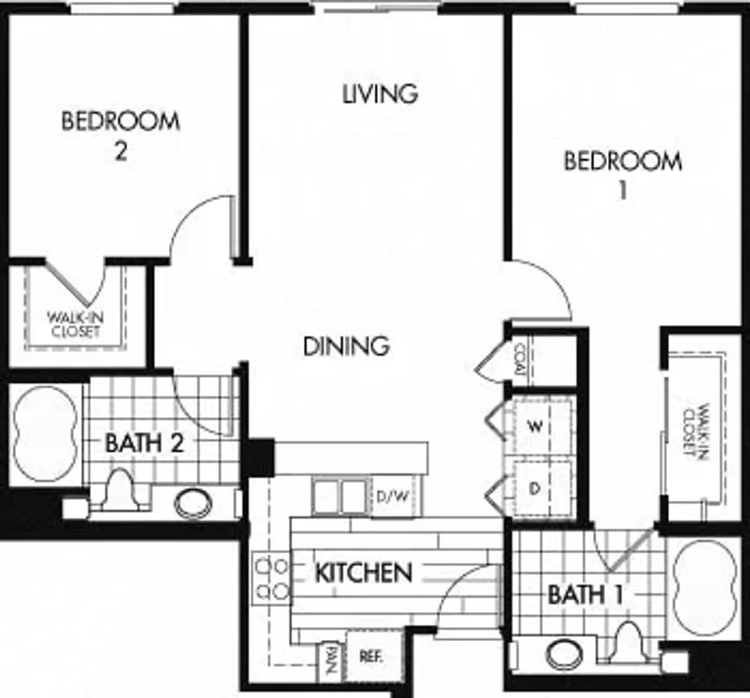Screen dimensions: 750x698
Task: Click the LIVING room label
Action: click(x=380, y=94)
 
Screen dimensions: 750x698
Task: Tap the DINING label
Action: click(x=347, y=346)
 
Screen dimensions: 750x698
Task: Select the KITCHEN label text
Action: click(x=363, y=573)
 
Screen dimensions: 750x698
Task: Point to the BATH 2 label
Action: click(x=144, y=443)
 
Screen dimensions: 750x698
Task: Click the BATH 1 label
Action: click(x=585, y=595)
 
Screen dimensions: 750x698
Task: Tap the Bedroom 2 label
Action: click(x=120, y=136)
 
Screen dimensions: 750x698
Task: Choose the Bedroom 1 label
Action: click(x=623, y=175)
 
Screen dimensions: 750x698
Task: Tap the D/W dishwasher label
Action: click(x=392, y=497)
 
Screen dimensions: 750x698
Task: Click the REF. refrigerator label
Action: click(x=371, y=657)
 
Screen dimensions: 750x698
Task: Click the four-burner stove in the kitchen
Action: click(x=271, y=578)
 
